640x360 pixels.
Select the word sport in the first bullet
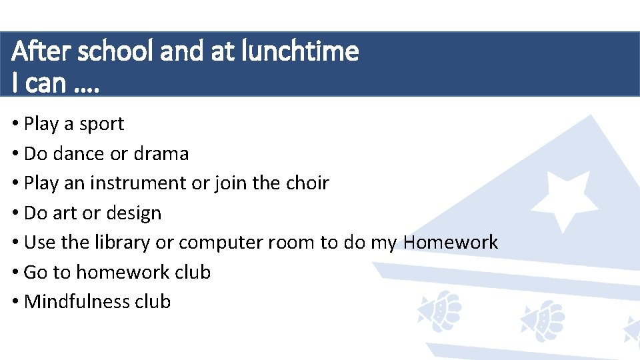pyautogui.click(x=101, y=125)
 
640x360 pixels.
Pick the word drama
pyautogui.click(x=161, y=154)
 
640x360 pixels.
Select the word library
pyautogui.click(x=121, y=243)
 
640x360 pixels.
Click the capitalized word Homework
pyautogui.click(x=451, y=243)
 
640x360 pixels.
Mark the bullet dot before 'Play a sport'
pyautogui.click(x=15, y=125)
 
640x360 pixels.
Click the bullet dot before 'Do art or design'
pyautogui.click(x=15, y=213)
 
